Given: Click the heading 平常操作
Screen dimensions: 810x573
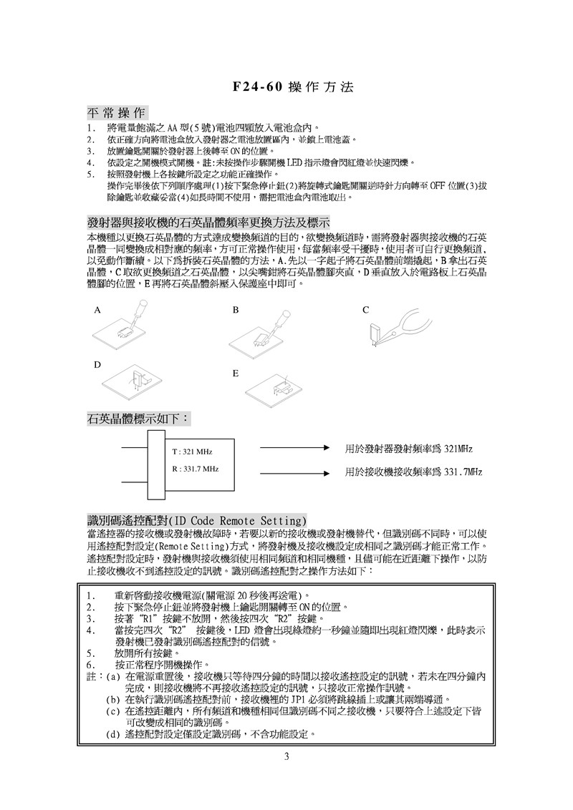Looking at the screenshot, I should coord(116,113).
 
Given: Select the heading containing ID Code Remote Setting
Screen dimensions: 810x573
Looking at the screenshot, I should coord(197,519).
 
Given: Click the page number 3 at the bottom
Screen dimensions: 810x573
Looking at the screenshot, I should coord(286,758).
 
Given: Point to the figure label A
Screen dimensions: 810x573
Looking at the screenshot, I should coord(96,311).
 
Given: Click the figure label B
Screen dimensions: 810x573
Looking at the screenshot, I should coord(234,311).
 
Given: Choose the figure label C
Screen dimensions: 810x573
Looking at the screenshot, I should coord(365,310).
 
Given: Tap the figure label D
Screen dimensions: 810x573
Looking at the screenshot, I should coord(96,366).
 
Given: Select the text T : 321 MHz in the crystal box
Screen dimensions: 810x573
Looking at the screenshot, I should coord(193,453).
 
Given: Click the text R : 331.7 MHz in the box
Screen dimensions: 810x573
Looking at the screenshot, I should coord(196,469).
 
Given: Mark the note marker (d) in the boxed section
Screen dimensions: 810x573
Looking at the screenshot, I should coord(113,735).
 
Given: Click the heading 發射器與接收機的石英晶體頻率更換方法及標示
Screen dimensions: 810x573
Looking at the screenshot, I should coord(208,223).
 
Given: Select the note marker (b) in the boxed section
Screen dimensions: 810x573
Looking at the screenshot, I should coord(113,699).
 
